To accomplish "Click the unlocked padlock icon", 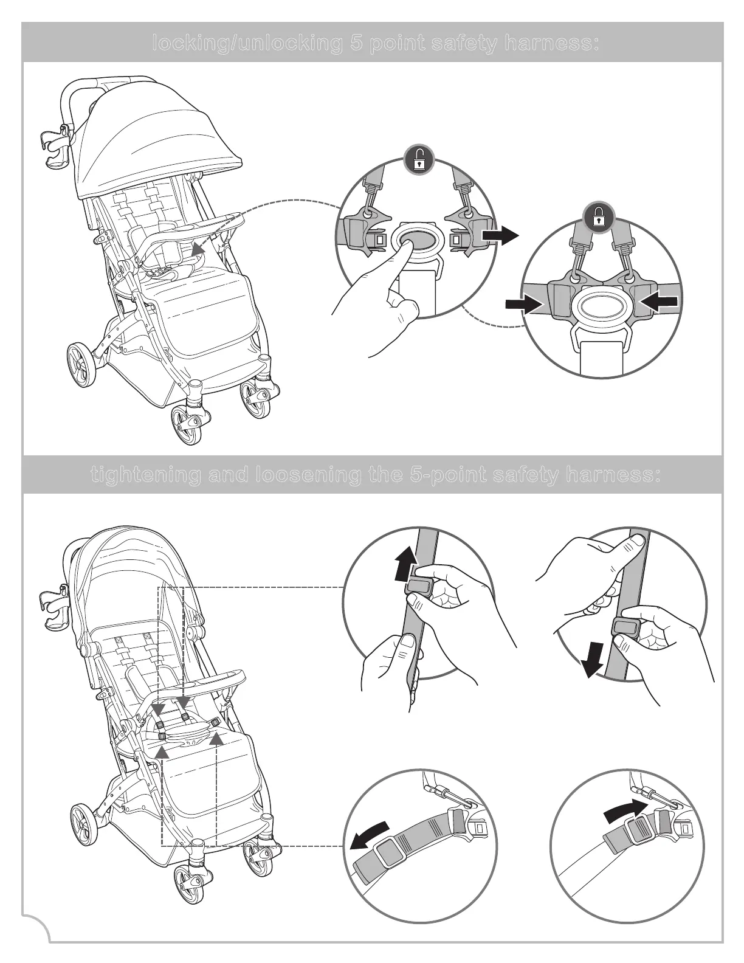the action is pyautogui.click(x=418, y=161).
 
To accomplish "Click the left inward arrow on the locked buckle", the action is pyautogui.click(x=525, y=303).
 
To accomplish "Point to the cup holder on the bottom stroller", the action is pyautogui.click(x=55, y=608).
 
